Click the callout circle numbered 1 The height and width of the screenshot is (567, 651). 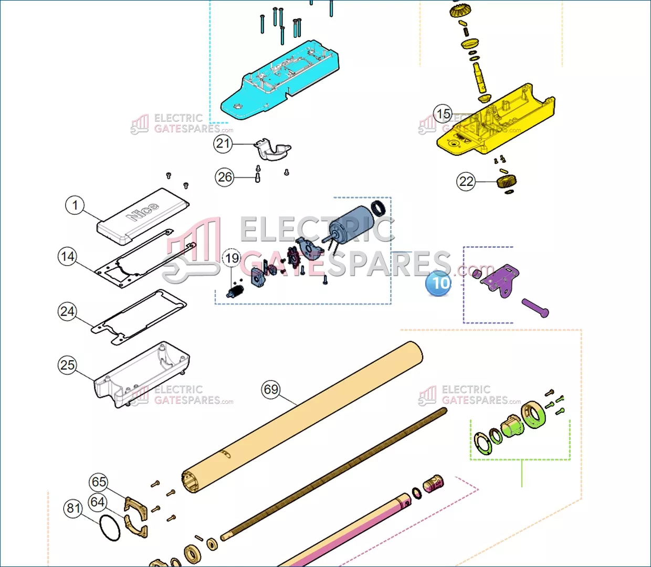coord(75,205)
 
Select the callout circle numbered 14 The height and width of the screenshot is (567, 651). coord(67,256)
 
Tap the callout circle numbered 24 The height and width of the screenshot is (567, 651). coord(67,311)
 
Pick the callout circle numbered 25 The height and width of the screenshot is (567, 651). coord(67,365)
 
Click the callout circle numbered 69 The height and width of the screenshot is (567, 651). coord(271,389)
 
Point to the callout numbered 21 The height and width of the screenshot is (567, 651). coord(223,143)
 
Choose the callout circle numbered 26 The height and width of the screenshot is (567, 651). coord(225,177)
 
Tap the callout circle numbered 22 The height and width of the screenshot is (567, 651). coord(466,181)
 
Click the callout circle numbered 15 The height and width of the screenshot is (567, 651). coord(443,113)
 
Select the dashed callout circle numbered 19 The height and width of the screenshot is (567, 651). coord(232,258)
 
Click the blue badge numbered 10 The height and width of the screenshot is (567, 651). coord(438,283)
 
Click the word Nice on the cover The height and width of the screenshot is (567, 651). coord(143,211)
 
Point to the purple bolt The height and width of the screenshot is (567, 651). coord(535,308)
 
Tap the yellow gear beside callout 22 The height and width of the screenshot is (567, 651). coord(506,182)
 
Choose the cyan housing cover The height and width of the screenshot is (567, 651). coord(280,80)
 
